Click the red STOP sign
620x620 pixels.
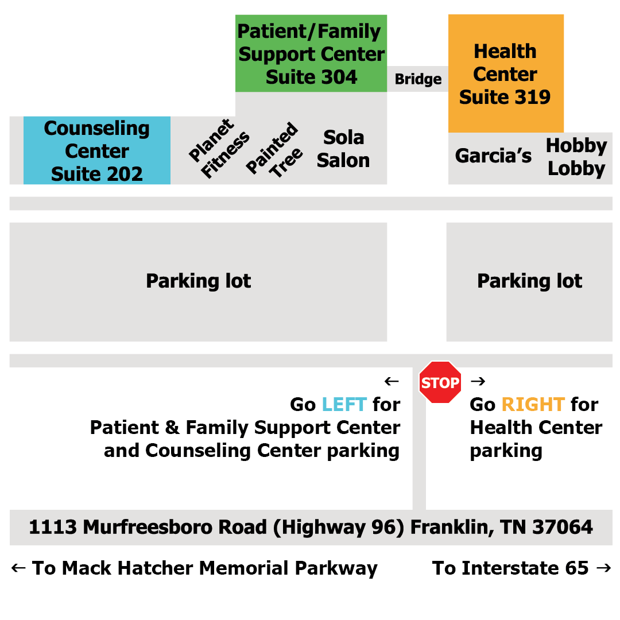(x=440, y=382)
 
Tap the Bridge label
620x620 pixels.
(x=418, y=79)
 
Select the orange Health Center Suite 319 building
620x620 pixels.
(x=505, y=74)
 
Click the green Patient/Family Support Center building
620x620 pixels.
(x=311, y=54)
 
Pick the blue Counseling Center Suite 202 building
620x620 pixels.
(x=96, y=151)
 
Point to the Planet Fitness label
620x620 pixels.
(x=219, y=149)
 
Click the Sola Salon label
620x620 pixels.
(x=343, y=149)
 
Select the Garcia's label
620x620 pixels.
(x=493, y=156)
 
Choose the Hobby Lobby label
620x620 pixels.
(x=576, y=157)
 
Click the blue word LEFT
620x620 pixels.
(x=344, y=405)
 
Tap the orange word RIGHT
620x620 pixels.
(x=533, y=405)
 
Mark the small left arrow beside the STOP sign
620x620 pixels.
(x=392, y=381)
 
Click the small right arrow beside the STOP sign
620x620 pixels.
(x=478, y=381)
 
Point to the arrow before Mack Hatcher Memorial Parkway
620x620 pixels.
(x=18, y=568)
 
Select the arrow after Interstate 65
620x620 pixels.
(x=603, y=568)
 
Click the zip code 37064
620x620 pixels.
(x=563, y=527)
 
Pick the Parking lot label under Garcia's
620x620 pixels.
(x=529, y=281)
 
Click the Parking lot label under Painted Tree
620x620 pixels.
(x=198, y=281)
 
